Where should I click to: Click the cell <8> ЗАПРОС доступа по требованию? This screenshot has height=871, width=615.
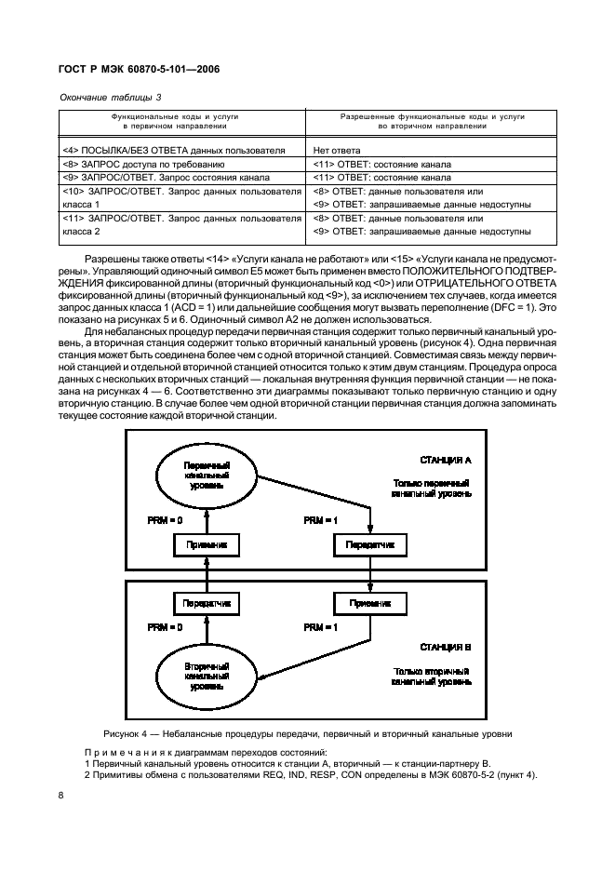pos(142,162)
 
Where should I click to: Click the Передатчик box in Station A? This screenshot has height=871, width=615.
pos(370,543)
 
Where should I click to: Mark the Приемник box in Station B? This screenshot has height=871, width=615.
pos(370,603)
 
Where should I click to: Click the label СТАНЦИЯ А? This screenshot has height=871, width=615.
pos(446,460)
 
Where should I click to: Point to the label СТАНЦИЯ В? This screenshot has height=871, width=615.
pos(446,646)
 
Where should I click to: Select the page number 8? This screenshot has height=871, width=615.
pos(60,795)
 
